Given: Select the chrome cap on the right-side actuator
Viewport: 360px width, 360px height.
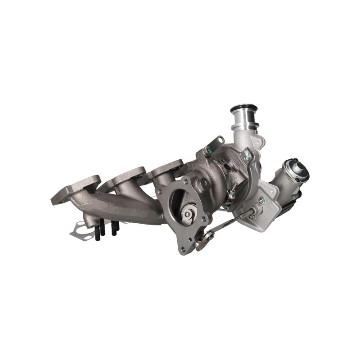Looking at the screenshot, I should (x=299, y=170).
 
